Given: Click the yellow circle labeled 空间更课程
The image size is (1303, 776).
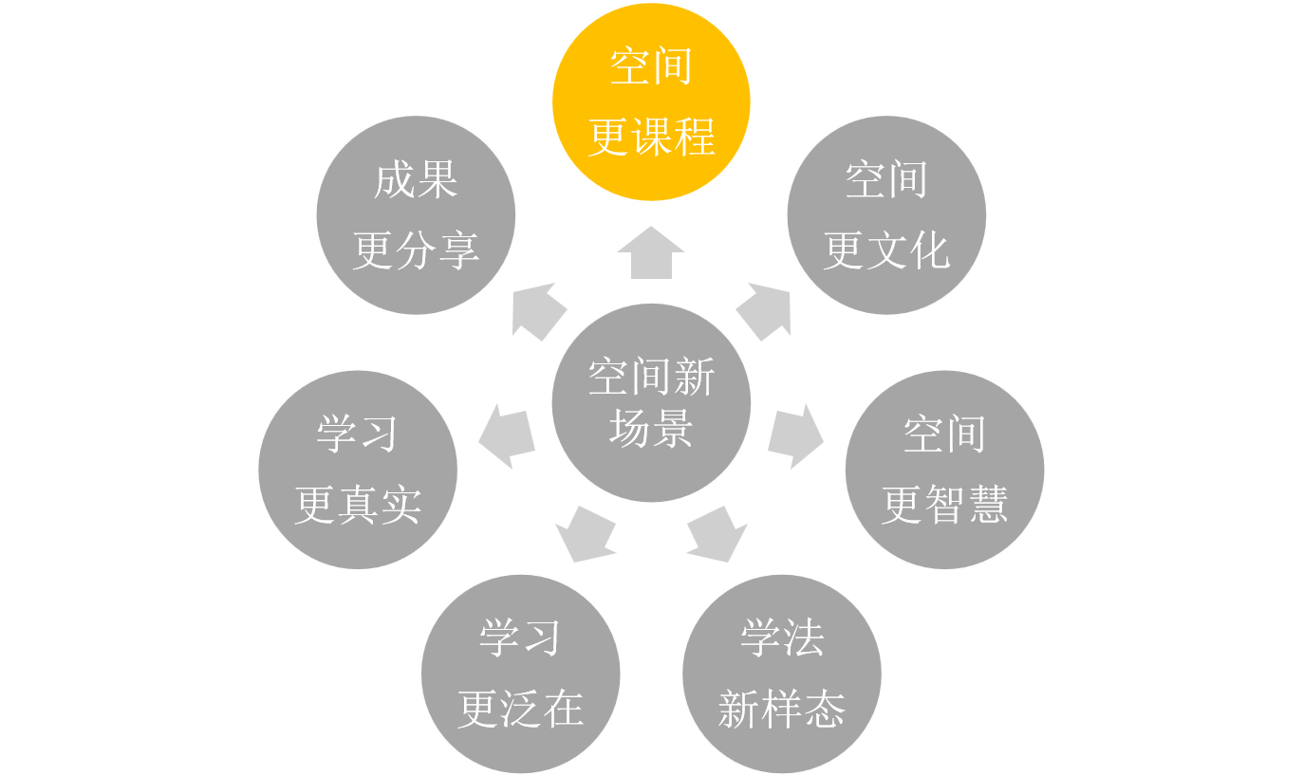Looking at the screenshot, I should [651, 102].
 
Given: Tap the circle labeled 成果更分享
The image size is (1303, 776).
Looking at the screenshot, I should [416, 215].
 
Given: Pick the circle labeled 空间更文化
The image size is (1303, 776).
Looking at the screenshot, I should [886, 215].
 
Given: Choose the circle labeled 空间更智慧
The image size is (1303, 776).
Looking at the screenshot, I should [944, 470].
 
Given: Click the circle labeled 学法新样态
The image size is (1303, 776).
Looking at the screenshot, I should [782, 674].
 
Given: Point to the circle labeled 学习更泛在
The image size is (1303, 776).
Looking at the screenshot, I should [520, 674].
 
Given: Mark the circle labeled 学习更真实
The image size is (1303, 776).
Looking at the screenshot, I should [358, 470].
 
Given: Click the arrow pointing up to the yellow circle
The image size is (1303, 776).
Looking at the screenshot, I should [651, 253].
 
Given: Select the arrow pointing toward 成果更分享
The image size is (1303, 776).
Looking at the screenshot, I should [538, 311].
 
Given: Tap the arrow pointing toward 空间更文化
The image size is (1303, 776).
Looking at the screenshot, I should [765, 311].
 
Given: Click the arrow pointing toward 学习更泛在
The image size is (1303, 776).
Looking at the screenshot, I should [585, 535].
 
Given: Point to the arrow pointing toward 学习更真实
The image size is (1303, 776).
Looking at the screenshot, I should [506, 436].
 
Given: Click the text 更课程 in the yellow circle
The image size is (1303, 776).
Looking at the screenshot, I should [651, 138].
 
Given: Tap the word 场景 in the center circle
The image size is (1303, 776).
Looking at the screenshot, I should [651, 431].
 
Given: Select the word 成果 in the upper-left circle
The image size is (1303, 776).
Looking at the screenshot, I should [416, 180].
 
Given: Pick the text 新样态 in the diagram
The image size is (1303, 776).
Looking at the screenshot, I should [782, 709].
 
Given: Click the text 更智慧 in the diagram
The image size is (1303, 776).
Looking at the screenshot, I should [944, 505].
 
